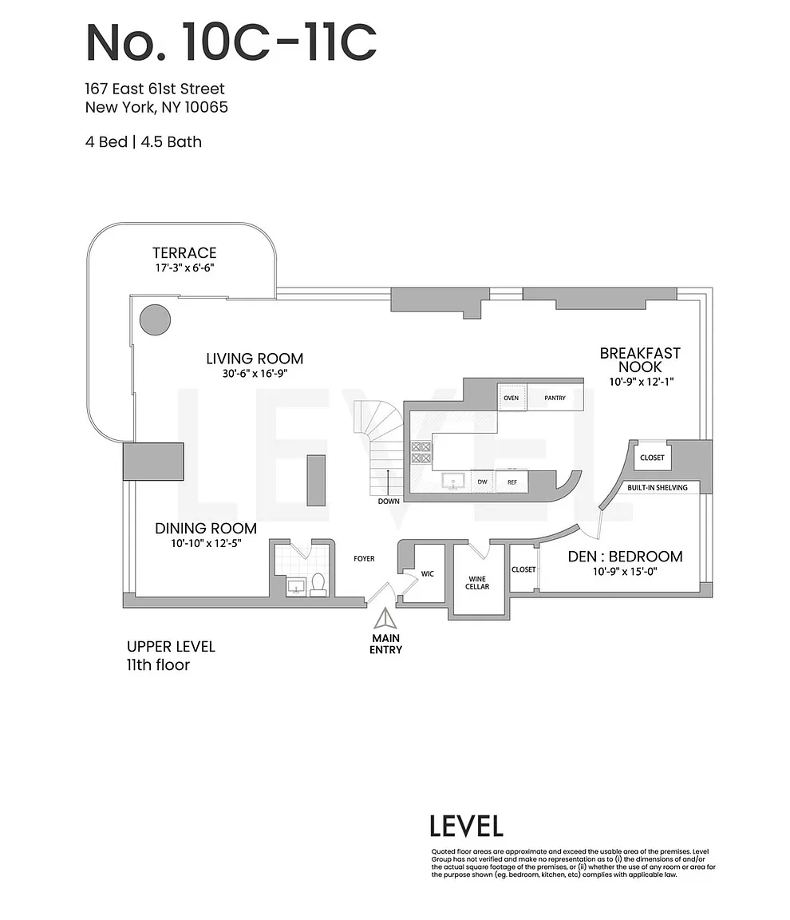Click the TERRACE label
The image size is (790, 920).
184,253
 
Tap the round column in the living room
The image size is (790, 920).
156,319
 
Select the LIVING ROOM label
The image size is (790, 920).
255,359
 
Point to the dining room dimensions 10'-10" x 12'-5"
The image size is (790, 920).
207,543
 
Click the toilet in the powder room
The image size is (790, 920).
318,585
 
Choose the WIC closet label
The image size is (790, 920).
427,574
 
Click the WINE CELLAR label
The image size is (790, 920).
477,583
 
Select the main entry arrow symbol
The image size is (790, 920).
385,619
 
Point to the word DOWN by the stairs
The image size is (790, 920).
389,501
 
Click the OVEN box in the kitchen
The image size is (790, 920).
512,398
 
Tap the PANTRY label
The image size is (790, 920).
555,398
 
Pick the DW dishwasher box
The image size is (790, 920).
482,482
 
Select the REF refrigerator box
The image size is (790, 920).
512,482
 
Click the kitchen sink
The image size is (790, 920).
452,482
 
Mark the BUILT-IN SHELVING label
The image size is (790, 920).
658,488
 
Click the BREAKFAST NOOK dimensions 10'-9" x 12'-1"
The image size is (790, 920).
641,382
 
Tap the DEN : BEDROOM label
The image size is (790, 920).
626,556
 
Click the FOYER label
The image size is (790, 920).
364,558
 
